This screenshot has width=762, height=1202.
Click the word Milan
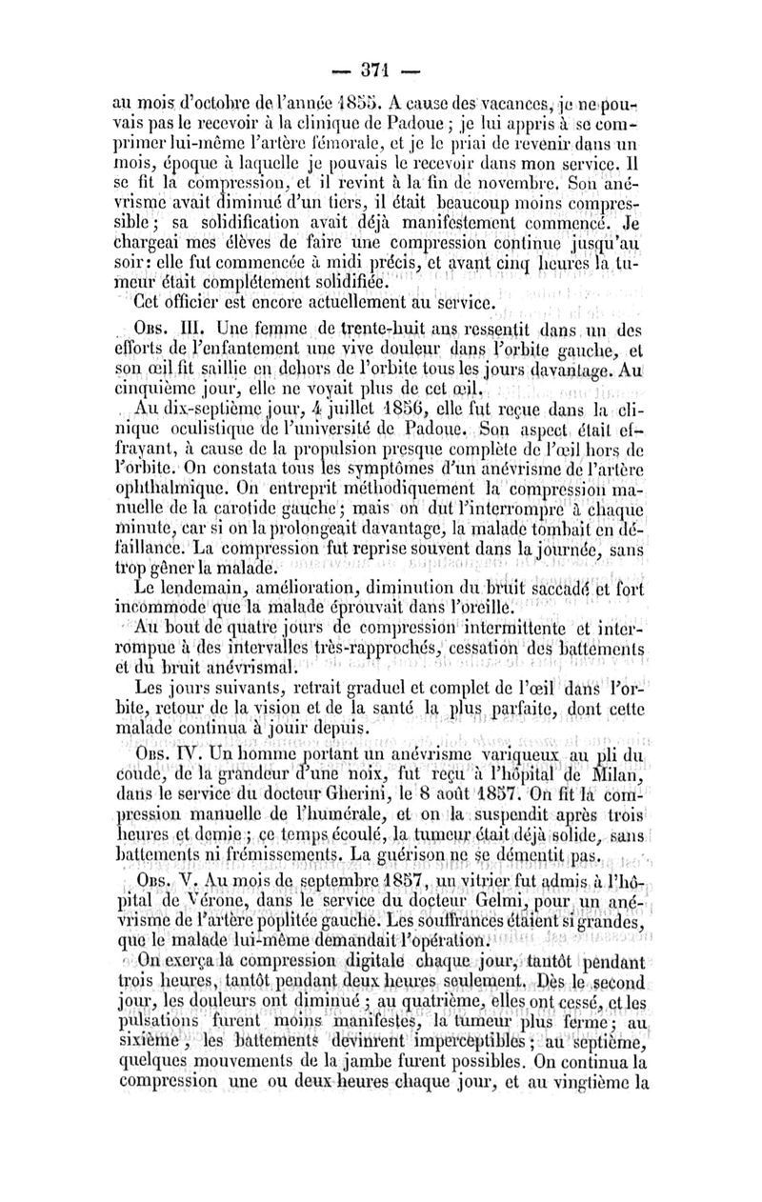[x=620, y=772]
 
